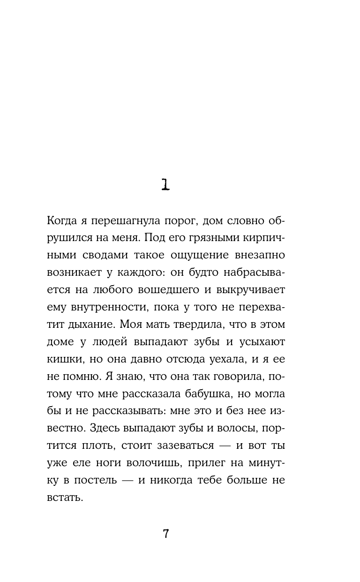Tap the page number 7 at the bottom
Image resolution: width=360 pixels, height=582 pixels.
click(x=165, y=534)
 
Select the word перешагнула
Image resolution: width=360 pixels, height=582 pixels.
click(x=128, y=221)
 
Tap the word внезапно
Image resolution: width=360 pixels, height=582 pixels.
click(x=260, y=255)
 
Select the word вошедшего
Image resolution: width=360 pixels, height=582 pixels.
click(x=172, y=290)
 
